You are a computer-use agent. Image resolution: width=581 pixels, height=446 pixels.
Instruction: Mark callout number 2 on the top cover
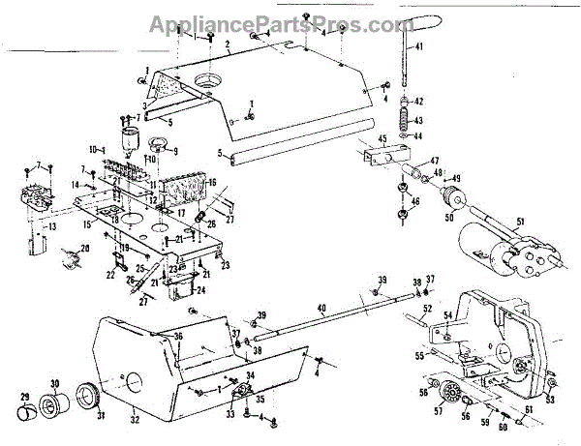tap(226, 45)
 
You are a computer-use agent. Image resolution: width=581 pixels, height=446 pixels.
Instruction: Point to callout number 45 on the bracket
tap(382, 139)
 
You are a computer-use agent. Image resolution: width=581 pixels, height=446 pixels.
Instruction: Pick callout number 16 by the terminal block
tap(212, 182)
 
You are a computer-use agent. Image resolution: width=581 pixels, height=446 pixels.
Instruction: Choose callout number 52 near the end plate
tap(426, 308)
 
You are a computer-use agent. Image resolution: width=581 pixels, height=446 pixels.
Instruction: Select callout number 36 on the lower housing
tap(177, 336)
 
